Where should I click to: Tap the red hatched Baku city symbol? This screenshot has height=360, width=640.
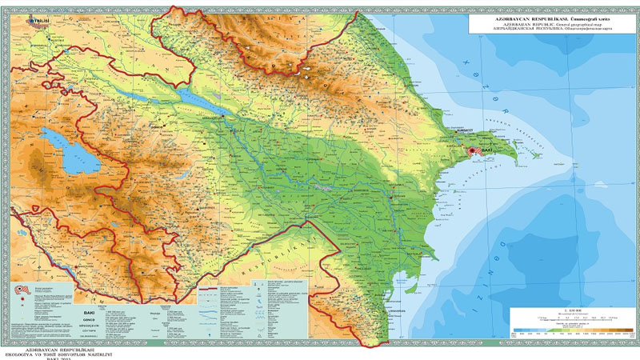tap(473, 150)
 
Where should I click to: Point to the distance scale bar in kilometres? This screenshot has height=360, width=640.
tap(572, 314)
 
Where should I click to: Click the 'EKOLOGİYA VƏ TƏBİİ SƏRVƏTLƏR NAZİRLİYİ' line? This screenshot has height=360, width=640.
tap(64, 349)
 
